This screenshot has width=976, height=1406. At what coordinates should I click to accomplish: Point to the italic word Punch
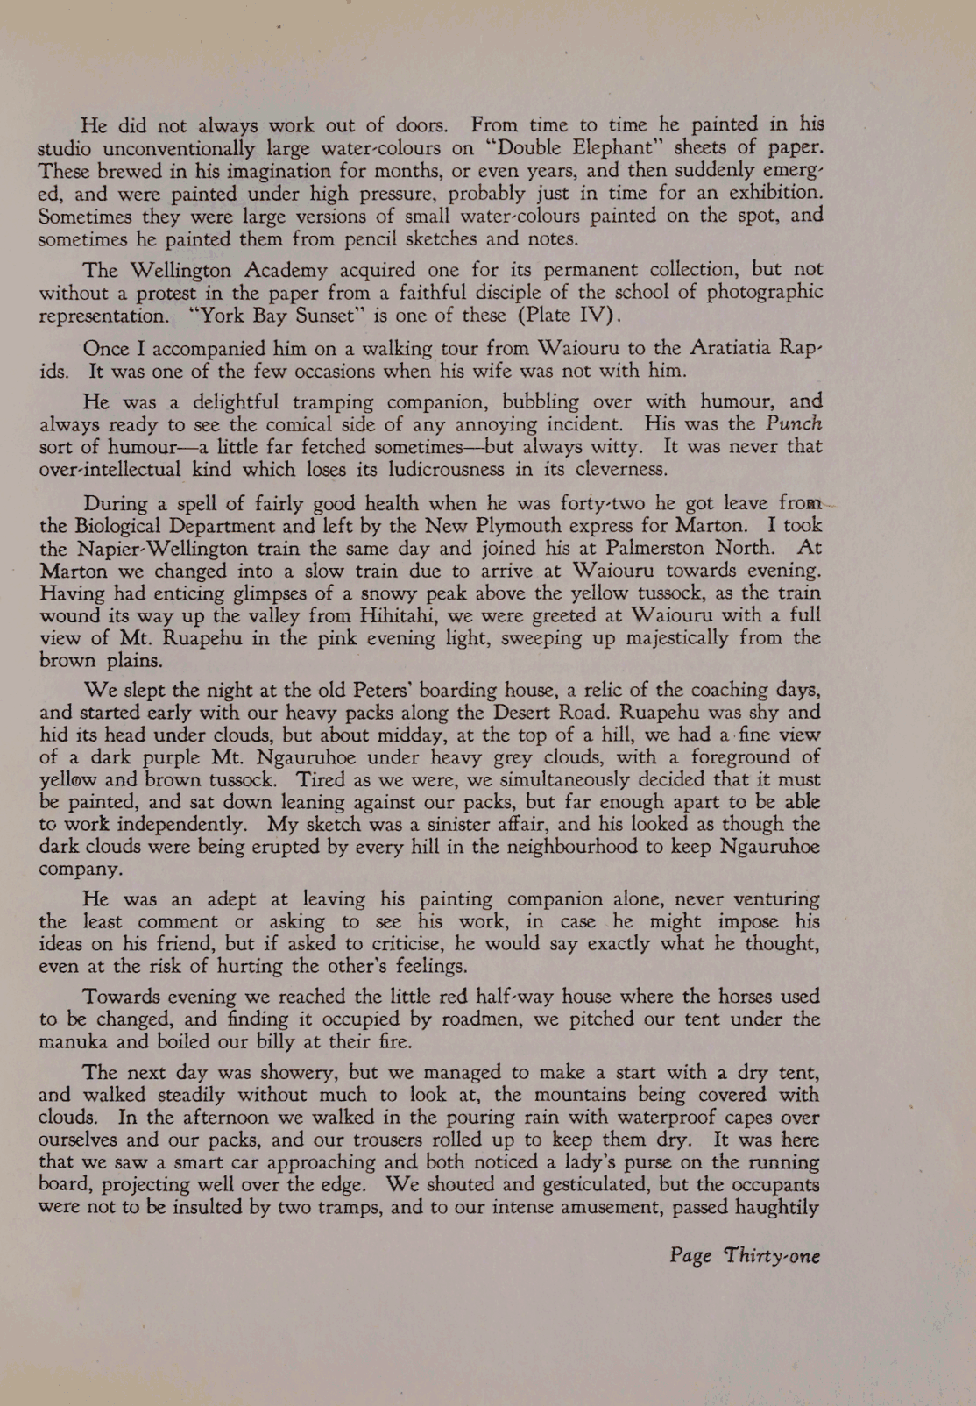795,424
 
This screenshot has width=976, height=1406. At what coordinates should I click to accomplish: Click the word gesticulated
556,1185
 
